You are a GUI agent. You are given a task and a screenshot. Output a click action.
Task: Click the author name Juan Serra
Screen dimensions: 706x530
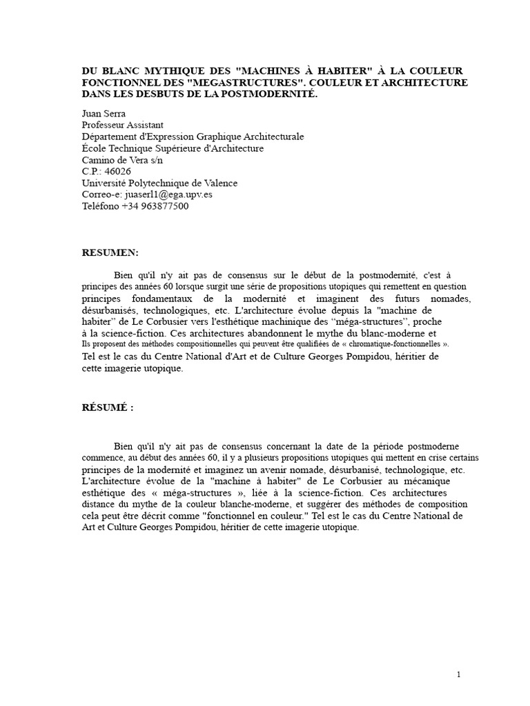[x=104, y=114]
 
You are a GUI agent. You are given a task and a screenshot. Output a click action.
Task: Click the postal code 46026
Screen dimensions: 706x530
[x=117, y=171]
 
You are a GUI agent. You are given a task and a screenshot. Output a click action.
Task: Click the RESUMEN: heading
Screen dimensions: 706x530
[x=110, y=253]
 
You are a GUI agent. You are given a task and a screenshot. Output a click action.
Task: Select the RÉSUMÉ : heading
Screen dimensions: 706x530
[x=107, y=407]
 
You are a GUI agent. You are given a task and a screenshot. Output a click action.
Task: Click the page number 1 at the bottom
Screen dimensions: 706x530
[x=458, y=674]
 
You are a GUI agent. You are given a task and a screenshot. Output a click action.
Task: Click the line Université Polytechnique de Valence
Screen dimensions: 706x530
[x=159, y=183]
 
